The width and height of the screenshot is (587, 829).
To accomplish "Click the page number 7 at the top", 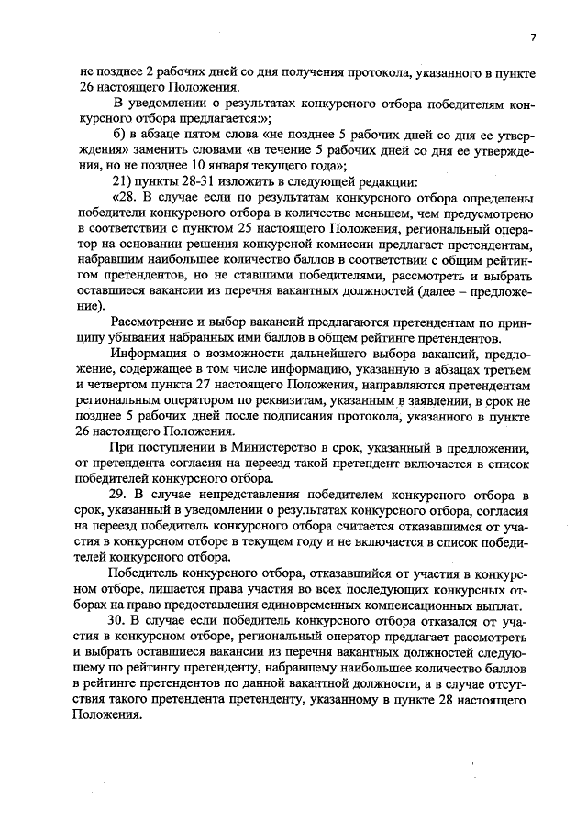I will pyautogui.click(x=532, y=38).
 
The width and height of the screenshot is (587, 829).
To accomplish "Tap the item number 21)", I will pyautogui.click(x=124, y=180).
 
